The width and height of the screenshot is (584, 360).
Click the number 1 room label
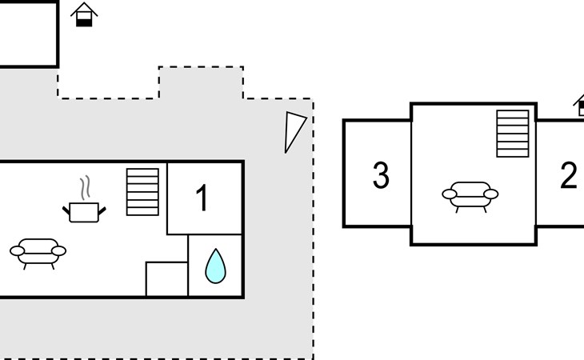click(202, 198)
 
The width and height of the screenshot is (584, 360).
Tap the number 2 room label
click(568, 175)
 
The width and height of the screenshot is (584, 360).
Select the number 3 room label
click(381, 175)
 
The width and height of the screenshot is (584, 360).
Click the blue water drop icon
click(215, 266)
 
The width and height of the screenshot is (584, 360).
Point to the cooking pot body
click(84, 212)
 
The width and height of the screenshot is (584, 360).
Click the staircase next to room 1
click(142, 192)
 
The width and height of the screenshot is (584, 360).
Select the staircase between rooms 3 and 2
click(513, 134)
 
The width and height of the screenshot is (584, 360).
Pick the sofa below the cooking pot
click(38, 251)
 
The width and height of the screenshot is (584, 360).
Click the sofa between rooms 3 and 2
click(470, 194)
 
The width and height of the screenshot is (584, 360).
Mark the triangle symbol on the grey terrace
click(294, 130)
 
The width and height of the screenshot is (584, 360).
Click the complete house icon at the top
click(84, 14)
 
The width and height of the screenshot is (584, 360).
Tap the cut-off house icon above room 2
click(579, 105)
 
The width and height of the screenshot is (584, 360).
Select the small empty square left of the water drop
click(166, 279)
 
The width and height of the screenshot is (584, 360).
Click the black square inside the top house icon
click(84, 20)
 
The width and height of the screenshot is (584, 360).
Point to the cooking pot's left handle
click(66, 210)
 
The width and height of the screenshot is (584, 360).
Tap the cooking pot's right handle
click(102, 210)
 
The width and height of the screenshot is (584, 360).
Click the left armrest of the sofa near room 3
click(448, 193)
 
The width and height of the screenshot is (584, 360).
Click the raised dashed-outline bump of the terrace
click(201, 82)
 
